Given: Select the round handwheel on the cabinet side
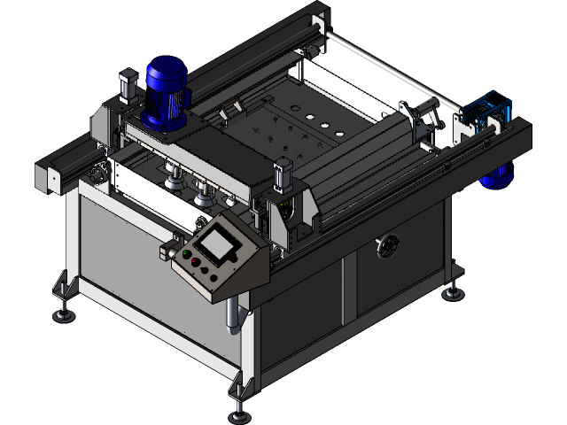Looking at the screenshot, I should click(386, 245).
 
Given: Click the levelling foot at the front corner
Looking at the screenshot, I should click(239, 408).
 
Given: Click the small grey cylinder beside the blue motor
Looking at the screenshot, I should click(126, 87).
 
